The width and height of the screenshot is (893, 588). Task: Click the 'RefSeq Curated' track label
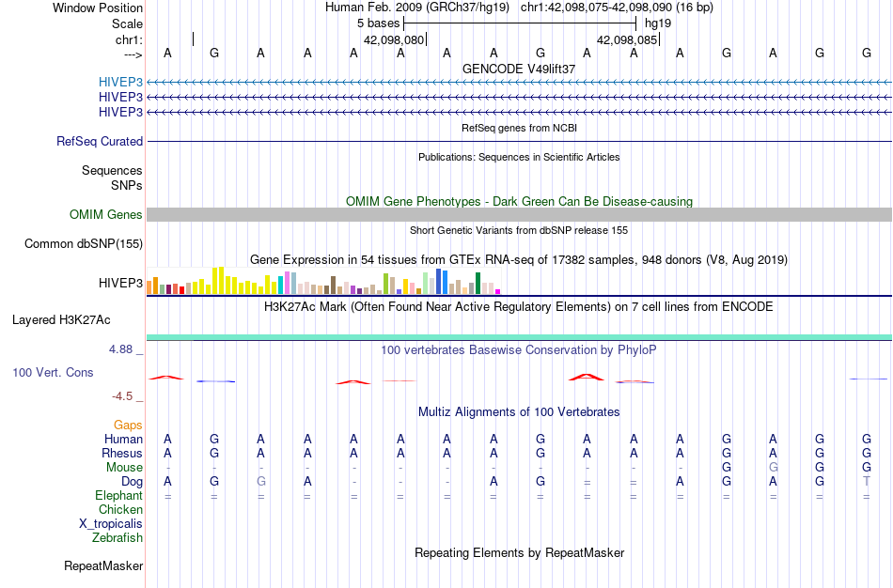100,142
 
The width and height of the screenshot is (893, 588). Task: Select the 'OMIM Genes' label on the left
106,215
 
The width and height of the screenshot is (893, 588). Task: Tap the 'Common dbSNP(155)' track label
84,244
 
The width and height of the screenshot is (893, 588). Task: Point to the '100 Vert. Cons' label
53,373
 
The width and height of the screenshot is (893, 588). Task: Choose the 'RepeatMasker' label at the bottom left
103,566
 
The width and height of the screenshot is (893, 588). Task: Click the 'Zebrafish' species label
117,538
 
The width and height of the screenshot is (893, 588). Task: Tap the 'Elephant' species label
118,496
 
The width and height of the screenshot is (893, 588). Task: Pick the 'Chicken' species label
120,510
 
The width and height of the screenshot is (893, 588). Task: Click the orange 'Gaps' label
128,426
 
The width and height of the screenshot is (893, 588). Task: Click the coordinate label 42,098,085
627,40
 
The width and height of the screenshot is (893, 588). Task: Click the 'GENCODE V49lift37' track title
519,70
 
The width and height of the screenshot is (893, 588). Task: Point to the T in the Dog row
867,482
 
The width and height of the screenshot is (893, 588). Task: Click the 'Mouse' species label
124,468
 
